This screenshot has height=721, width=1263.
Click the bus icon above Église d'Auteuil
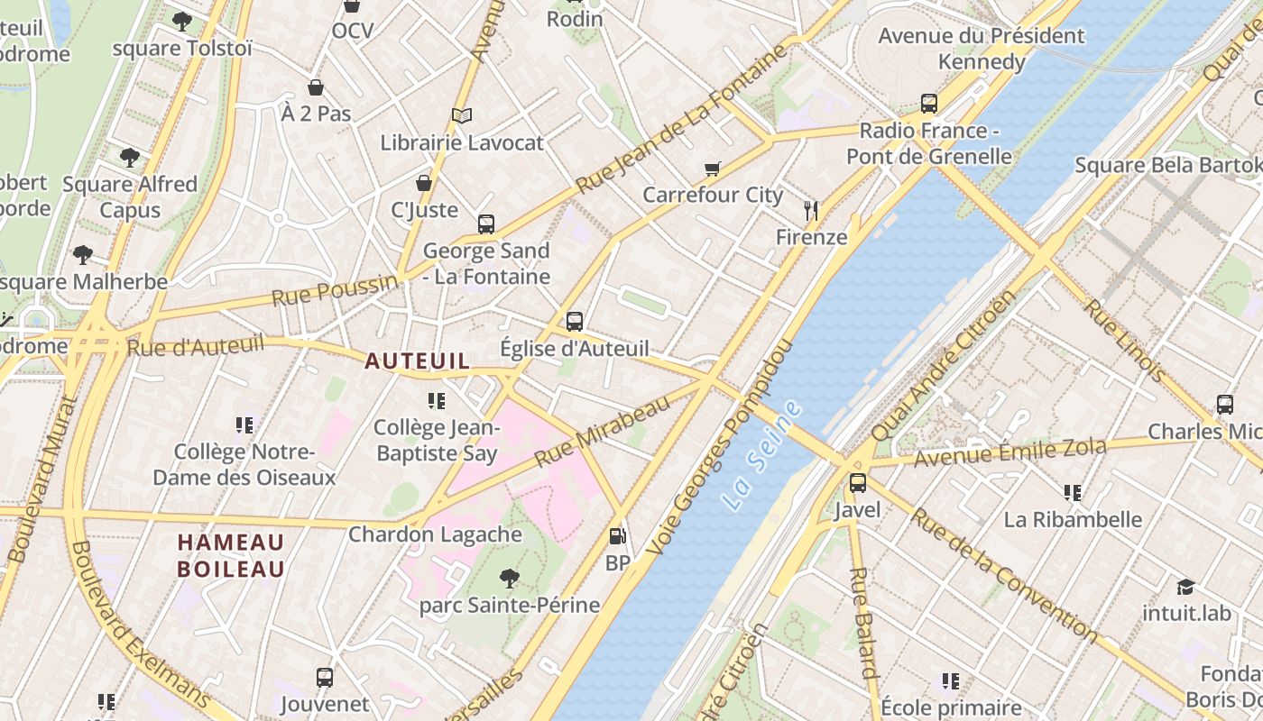point(575,321)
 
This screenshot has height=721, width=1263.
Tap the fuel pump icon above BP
point(617,536)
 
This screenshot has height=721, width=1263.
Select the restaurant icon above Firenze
point(811,211)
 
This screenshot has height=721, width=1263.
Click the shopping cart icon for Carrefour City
point(713,169)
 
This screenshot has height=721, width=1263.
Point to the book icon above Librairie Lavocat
point(462,115)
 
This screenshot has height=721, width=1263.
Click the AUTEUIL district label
point(417,361)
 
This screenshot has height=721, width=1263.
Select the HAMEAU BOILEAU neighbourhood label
point(231,555)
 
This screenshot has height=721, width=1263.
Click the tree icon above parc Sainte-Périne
point(509,578)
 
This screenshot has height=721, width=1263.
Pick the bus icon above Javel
point(857,483)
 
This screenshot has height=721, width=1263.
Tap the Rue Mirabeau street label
point(603,430)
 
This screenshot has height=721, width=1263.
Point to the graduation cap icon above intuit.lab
point(1185,587)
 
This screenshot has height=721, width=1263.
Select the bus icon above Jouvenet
point(325,677)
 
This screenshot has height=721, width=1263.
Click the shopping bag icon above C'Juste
point(424,183)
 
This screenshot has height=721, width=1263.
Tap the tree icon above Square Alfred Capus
point(130,157)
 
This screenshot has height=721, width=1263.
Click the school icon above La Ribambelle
point(1072,493)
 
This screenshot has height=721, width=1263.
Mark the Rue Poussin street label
point(335,291)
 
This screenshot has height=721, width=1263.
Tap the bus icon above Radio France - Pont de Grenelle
point(929,104)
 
